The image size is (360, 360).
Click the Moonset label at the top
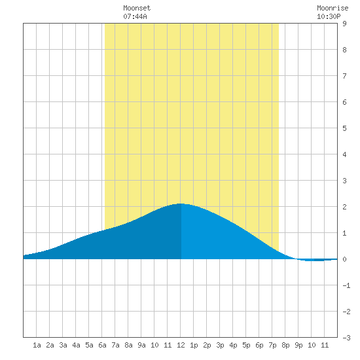click(x=137, y=8)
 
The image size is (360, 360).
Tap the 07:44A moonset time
click(x=135, y=16)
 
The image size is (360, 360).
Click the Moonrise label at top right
click(x=333, y=8)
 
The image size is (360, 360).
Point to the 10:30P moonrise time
click(x=329, y=16)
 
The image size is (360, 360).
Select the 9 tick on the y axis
click(x=344, y=24)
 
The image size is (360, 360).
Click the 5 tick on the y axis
click(x=344, y=128)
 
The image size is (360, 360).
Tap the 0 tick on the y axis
click(x=344, y=259)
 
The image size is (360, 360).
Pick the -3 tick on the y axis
click(x=346, y=338)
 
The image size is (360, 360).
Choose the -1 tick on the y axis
click(x=346, y=285)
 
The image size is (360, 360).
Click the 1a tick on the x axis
click(x=37, y=345)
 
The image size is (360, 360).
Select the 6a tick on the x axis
click(x=102, y=345)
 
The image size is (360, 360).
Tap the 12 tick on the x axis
click(x=181, y=345)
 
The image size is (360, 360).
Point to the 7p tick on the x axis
click(x=272, y=345)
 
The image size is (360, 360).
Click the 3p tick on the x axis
click(x=220, y=345)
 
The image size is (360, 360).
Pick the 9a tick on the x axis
click(x=141, y=345)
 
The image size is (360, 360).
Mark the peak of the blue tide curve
click(x=181, y=204)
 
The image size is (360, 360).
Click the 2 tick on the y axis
click(x=344, y=207)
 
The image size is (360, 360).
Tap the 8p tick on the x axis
click(x=285, y=345)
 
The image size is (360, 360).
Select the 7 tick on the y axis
click(x=344, y=76)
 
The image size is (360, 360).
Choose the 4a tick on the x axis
click(x=76, y=345)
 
